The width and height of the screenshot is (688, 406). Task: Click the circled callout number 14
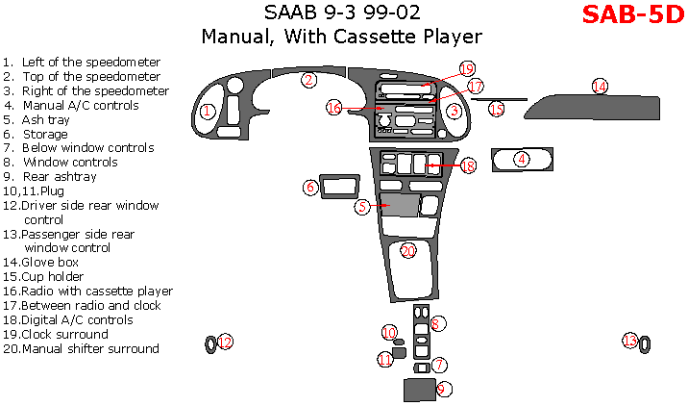pyautogui.click(x=600, y=87)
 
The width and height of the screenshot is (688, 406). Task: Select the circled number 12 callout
pyautogui.click(x=225, y=342)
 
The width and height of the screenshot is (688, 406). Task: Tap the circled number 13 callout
pyautogui.click(x=629, y=341)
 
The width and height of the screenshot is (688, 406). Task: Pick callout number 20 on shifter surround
pyautogui.click(x=408, y=250)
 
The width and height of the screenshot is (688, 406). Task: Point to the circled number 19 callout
pyautogui.click(x=467, y=69)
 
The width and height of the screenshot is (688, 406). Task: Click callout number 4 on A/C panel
pyautogui.click(x=522, y=159)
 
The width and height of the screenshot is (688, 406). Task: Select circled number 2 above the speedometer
pyautogui.click(x=308, y=80)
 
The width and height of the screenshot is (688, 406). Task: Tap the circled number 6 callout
pyautogui.click(x=311, y=187)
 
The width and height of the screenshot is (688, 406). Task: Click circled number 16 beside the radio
pyautogui.click(x=333, y=108)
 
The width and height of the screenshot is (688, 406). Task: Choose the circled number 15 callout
pyautogui.click(x=497, y=110)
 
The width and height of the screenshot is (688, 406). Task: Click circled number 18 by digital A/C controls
pyautogui.click(x=468, y=165)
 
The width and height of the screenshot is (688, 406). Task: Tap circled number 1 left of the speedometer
pyautogui.click(x=207, y=112)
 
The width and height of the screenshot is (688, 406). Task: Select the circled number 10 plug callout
pyautogui.click(x=389, y=332)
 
